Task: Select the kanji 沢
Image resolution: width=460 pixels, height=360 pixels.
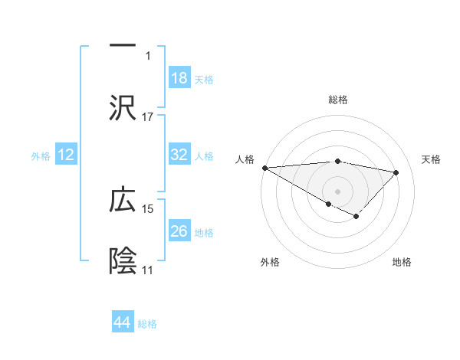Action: pos(123,107)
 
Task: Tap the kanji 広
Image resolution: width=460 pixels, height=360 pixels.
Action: pos(123,200)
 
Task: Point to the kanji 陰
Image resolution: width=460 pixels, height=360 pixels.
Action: pos(123,260)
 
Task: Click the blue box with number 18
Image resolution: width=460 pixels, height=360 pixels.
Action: pos(179,78)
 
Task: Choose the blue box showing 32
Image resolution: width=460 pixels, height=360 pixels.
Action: pos(179,155)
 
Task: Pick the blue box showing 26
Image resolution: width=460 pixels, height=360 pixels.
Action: pos(179,231)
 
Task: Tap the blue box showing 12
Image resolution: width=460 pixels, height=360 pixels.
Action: pos(66,155)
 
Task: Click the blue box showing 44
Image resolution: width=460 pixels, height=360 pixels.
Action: pos(123,322)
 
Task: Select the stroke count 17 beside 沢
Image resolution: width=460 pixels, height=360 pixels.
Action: pos(148,117)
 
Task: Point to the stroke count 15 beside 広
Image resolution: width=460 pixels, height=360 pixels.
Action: pos(148,208)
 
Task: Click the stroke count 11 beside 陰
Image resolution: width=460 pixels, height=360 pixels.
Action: pos(147,270)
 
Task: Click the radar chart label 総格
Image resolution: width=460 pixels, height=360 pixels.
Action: pos(338,100)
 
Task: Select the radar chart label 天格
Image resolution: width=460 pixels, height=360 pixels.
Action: pos(432,159)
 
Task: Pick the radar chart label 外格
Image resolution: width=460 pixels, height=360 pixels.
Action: pos(270,262)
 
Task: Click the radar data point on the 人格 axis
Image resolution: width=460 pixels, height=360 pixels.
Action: pos(264,168)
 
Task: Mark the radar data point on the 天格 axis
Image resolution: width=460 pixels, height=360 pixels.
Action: pos(396,172)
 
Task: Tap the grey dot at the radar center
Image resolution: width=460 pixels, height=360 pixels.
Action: pos(337,191)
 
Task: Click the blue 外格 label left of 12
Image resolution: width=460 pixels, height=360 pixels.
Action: pos(41,155)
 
